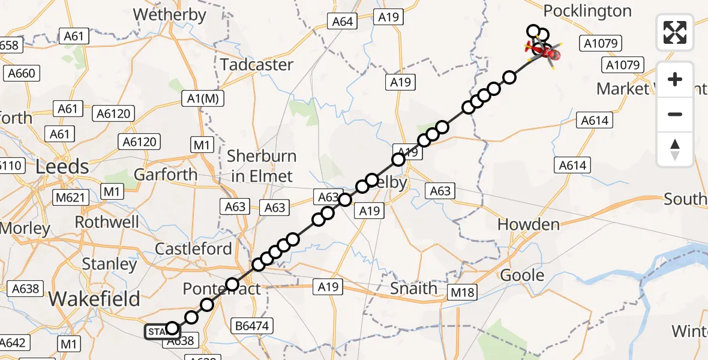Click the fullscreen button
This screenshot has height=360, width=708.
(675, 32)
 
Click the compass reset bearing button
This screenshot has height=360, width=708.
(675, 149)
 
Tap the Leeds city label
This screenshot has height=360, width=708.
(62, 166)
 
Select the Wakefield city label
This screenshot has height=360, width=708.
(95, 298)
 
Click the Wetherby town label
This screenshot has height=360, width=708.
(169, 14)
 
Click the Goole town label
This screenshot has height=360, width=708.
(522, 275)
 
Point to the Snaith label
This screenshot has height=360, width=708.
(414, 288)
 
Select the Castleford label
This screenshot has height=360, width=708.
(193, 248)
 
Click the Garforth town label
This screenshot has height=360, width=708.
(166, 175)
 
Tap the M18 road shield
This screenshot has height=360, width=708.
(464, 292)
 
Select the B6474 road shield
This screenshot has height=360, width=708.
(252, 326)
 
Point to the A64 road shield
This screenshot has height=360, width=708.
(343, 22)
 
